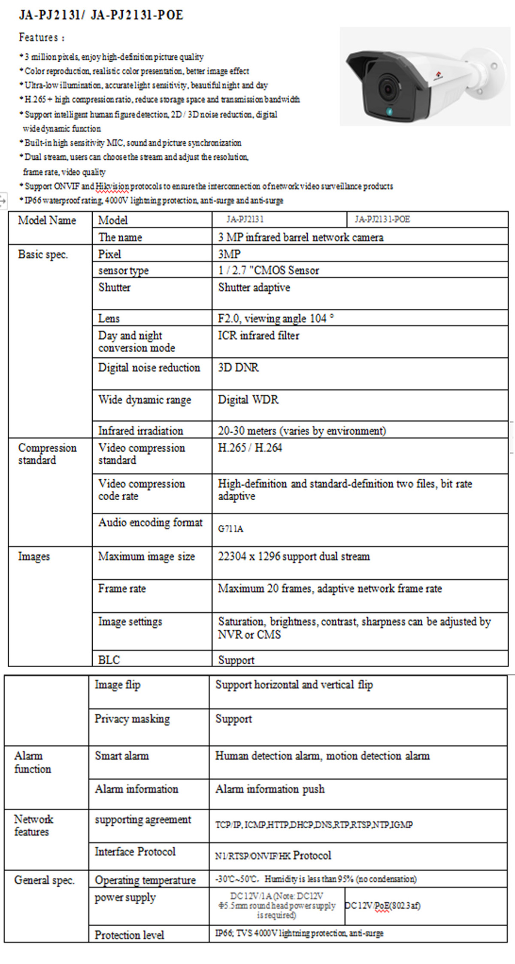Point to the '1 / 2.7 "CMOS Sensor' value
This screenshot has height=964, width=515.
[269, 271]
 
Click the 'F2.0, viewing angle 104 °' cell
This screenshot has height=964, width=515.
[276, 318]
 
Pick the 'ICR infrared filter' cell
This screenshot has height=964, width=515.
[258, 335]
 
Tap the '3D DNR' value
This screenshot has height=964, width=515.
[238, 368]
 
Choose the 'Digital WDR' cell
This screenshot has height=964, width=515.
[248, 400]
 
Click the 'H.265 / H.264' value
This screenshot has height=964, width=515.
[250, 448]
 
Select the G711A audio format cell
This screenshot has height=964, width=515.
[230, 529]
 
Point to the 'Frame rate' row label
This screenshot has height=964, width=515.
[122, 588]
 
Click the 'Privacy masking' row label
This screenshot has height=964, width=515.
[132, 719]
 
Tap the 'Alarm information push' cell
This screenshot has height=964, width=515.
[270, 789]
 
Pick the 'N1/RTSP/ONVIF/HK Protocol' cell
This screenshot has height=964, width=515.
[273, 855]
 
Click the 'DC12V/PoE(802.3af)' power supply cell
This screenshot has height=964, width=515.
[383, 906]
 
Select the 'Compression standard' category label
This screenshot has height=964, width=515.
[47, 454]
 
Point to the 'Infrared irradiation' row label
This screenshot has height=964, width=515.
[140, 431]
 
